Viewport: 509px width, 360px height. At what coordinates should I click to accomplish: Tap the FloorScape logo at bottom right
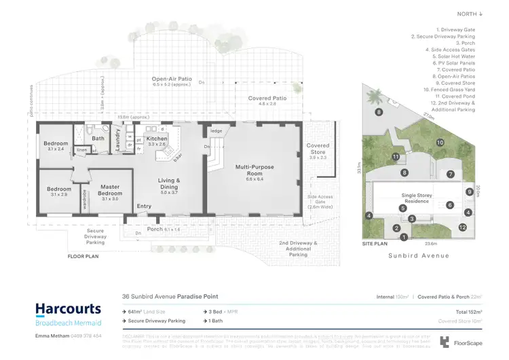pyautogui.click(x=459, y=341)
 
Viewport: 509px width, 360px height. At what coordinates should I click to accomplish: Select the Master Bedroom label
pyautogui.click(x=109, y=190)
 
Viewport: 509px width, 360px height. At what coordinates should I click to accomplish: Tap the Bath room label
pyautogui.click(x=98, y=138)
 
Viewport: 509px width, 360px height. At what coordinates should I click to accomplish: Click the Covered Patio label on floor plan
pyautogui.click(x=261, y=99)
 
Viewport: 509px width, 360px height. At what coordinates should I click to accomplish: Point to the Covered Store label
pyautogui.click(x=318, y=149)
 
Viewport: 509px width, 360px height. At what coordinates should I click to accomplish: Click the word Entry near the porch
pyautogui.click(x=145, y=206)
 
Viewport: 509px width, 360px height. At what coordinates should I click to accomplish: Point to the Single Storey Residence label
pyautogui.click(x=414, y=198)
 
